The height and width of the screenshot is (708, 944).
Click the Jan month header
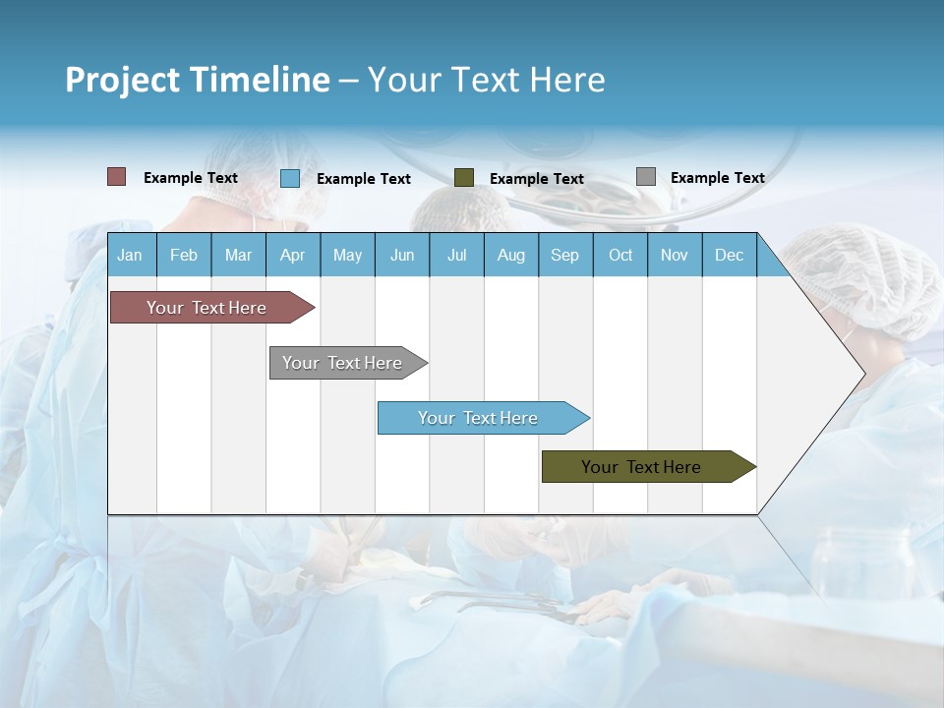(130, 255)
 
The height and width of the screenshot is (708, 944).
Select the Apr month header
(292, 255)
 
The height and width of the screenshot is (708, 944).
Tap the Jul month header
(456, 255)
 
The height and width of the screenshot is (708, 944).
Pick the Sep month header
(564, 255)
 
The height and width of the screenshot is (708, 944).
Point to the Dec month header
(729, 255)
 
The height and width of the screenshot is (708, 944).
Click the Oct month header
(620, 255)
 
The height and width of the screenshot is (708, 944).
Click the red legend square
(116, 177)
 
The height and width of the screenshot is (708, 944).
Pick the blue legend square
(289, 178)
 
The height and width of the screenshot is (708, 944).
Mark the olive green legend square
(463, 178)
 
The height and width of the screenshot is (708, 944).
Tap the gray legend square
(645, 177)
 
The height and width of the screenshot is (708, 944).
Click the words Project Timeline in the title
(197, 80)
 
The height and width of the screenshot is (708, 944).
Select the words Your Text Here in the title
(486, 80)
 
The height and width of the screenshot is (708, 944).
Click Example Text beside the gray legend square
(717, 177)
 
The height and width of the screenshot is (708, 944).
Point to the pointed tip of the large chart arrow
(863, 373)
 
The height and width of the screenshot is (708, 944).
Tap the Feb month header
(184, 255)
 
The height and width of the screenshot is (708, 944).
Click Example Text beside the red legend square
(190, 177)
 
